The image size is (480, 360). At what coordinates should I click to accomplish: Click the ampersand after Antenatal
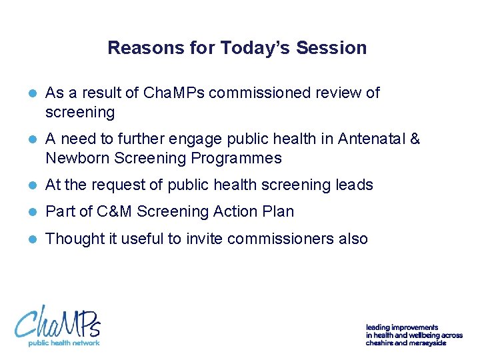click(x=415, y=139)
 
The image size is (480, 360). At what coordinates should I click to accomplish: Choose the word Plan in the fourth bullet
click(x=278, y=211)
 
